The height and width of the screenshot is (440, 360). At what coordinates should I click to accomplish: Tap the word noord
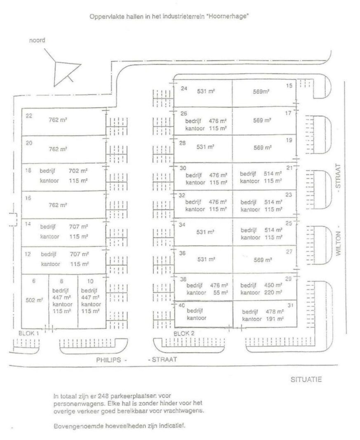tap(37, 40)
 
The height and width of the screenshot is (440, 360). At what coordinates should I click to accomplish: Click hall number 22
tap(29, 115)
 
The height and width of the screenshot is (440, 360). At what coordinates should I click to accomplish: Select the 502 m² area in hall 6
tap(34, 300)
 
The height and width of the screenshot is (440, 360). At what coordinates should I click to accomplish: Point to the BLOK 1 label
tap(28, 333)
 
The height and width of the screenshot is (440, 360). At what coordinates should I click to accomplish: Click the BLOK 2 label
tap(184, 334)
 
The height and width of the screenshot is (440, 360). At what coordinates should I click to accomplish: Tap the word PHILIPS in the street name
tap(108, 360)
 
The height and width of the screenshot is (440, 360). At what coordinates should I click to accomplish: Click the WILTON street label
tap(338, 243)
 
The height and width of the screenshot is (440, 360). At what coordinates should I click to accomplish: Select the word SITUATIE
tap(306, 380)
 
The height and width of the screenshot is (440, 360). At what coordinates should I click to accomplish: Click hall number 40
tap(181, 305)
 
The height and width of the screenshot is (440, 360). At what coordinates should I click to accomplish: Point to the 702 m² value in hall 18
tap(78, 171)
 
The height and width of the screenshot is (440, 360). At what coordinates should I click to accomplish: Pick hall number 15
tap(289, 86)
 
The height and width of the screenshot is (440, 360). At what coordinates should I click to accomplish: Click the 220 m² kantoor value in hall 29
tap(273, 292)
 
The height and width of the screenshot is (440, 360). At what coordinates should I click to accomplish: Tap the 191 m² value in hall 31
tap(275, 319)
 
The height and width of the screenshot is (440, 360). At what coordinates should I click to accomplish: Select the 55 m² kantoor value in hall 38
tap(221, 293)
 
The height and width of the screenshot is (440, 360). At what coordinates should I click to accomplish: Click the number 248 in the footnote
tap(103, 396)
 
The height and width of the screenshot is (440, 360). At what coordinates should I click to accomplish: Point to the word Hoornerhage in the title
tap(227, 16)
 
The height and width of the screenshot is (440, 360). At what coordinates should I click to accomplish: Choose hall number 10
tap(90, 281)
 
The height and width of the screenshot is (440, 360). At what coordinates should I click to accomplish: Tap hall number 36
tap(182, 253)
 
